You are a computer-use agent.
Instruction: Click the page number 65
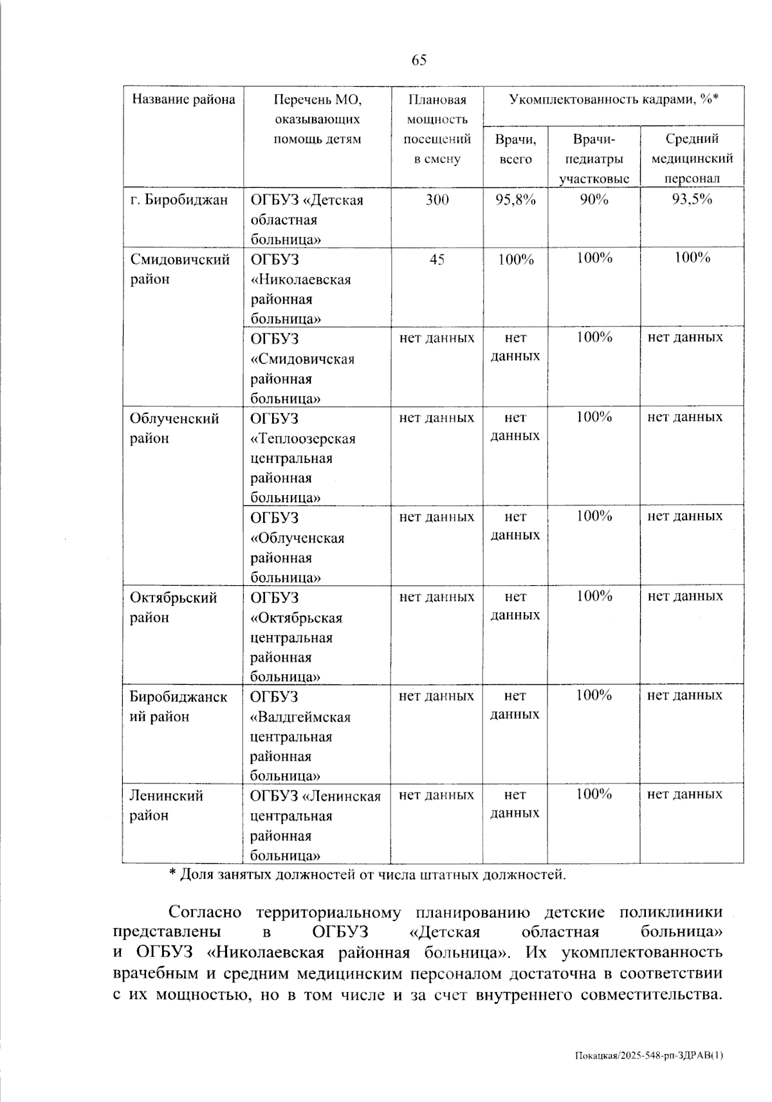click(419, 61)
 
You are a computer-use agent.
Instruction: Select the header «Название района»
click(183, 99)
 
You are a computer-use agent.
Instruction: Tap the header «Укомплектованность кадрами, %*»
click(613, 99)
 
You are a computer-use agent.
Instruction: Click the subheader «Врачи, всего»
click(515, 149)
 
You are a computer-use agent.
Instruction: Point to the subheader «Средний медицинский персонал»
click(692, 158)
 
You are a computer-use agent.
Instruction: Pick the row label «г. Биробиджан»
click(179, 200)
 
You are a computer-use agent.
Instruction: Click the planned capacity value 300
click(437, 200)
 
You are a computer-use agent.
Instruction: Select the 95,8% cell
click(515, 200)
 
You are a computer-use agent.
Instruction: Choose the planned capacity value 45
click(437, 259)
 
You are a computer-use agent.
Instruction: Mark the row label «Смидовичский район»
click(179, 269)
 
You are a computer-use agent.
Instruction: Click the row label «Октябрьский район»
click(174, 607)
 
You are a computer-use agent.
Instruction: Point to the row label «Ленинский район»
click(167, 805)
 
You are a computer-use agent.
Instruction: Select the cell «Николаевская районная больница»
click(300, 289)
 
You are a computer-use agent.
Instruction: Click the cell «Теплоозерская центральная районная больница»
click(302, 458)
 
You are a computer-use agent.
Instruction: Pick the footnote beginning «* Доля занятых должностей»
click(367, 874)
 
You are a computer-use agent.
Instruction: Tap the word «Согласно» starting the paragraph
click(205, 912)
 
